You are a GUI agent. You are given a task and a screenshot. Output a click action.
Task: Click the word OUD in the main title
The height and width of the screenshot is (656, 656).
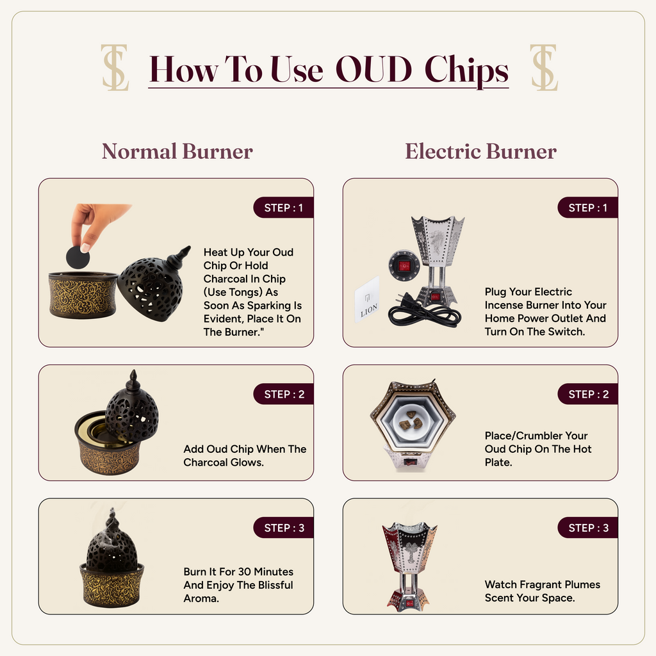(373, 69)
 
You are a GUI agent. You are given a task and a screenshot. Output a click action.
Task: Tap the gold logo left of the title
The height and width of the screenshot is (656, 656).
(115, 67)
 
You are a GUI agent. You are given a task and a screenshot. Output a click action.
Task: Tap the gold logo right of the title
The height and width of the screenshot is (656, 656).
(543, 67)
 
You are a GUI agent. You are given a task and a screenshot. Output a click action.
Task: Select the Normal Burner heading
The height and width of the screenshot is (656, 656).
(177, 151)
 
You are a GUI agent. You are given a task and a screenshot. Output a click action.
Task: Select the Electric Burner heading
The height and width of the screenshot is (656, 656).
(480, 151)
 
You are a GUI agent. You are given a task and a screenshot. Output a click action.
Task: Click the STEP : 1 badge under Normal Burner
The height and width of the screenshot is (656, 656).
(283, 208)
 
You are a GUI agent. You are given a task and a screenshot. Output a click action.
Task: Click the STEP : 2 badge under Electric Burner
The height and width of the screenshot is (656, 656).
(588, 394)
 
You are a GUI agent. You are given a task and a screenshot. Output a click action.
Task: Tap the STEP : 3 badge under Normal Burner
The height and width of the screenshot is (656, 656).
(283, 528)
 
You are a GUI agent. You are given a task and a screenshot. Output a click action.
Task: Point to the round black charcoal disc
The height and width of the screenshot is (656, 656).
(78, 257)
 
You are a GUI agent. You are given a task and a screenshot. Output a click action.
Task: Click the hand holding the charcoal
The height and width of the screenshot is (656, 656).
(95, 224)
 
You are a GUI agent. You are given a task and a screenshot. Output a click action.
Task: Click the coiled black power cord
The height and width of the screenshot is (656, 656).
(423, 313)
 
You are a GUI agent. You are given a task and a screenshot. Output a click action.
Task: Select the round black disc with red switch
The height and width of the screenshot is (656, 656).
(404, 266)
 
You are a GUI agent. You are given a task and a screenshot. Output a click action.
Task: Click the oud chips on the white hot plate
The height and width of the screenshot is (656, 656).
(411, 420)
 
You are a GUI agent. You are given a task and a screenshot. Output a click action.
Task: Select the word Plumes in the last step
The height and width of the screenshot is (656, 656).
(582, 584)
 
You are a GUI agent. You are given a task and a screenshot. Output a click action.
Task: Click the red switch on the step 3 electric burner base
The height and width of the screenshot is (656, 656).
(409, 603)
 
